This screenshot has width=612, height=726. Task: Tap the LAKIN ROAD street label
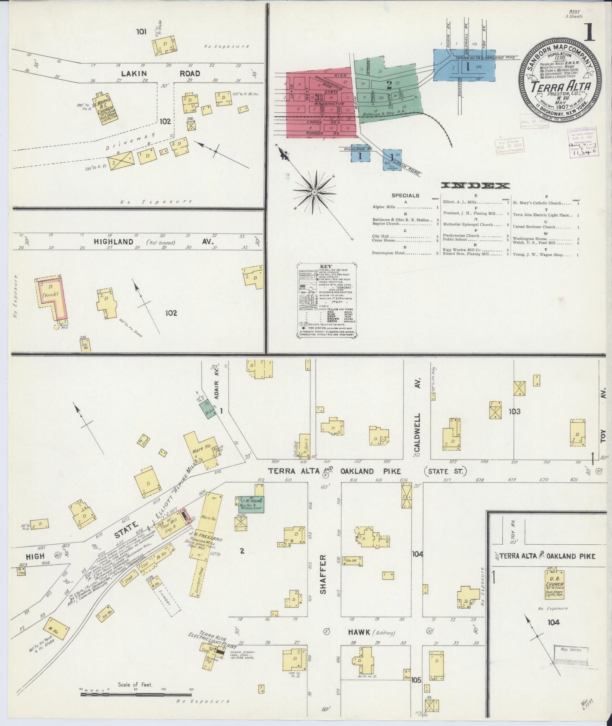click(161, 73)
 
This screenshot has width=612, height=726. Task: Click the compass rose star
click(314, 192)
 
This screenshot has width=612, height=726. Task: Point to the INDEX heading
click(475, 186)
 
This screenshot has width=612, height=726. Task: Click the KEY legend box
click(326, 301)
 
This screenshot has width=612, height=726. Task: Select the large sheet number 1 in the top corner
click(589, 33)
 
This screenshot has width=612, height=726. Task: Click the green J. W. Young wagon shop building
click(250, 504)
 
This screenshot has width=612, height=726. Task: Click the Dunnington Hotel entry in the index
click(405, 253)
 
